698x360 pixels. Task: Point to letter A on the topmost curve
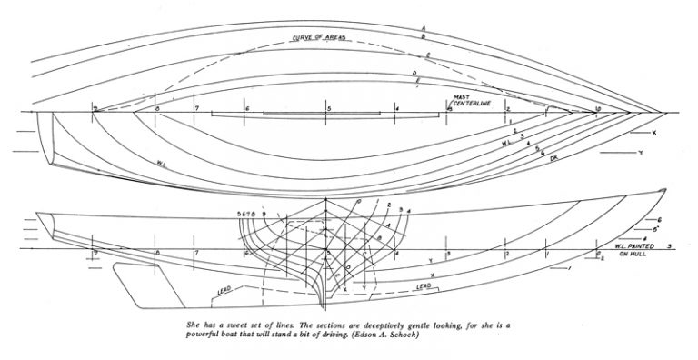coord(424,28)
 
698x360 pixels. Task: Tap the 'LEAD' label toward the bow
coord(423,286)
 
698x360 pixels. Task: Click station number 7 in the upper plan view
coord(196,108)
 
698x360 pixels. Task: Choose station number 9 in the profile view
coord(95,252)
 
